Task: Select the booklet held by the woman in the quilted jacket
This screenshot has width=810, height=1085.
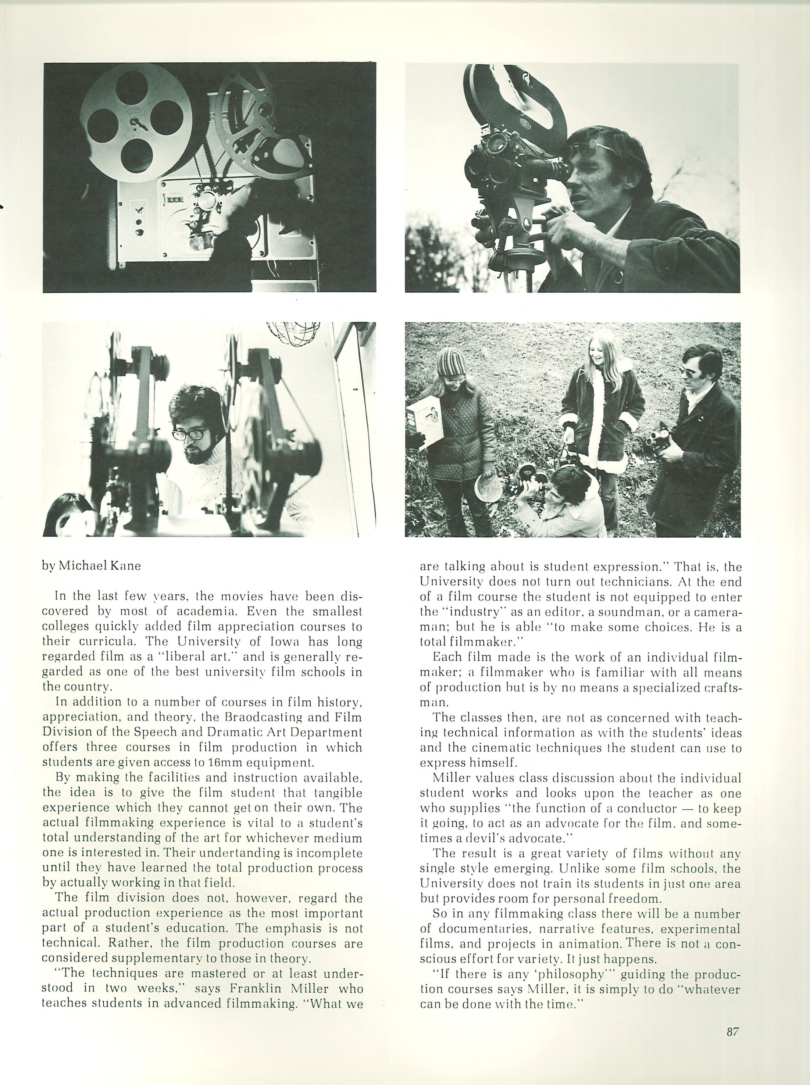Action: coord(425,422)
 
